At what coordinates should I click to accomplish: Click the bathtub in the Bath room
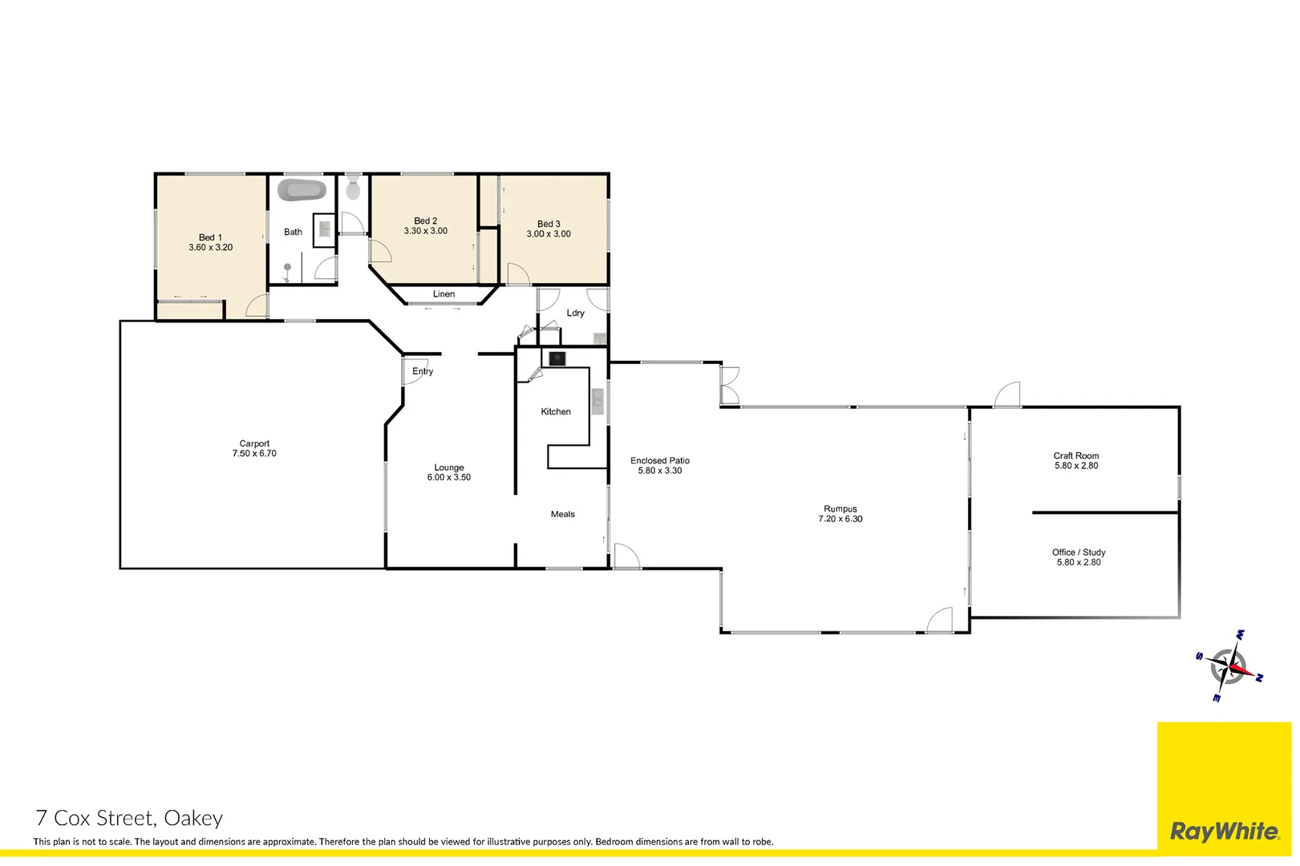tap(302, 191)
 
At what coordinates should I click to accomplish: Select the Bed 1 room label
tap(210, 237)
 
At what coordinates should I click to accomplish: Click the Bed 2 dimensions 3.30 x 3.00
tap(426, 231)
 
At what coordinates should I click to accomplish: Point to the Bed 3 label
tap(549, 224)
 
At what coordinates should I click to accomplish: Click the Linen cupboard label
tap(443, 294)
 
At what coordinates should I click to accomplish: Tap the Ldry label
tap(575, 313)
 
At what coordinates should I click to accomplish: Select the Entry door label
tap(423, 371)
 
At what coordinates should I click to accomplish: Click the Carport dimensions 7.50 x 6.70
tap(254, 454)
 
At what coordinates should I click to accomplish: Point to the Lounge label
tap(449, 467)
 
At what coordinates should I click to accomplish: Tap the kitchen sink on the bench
tap(597, 401)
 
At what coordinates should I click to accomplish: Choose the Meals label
tap(562, 514)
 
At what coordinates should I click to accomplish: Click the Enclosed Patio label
tap(659, 460)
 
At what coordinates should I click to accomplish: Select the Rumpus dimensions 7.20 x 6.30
tap(840, 520)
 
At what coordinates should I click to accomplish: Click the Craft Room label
tap(1076, 455)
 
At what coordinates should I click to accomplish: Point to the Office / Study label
tap(1079, 552)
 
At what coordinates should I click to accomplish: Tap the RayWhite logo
tap(1224, 832)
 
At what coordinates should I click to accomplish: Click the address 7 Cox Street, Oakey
tap(129, 818)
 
